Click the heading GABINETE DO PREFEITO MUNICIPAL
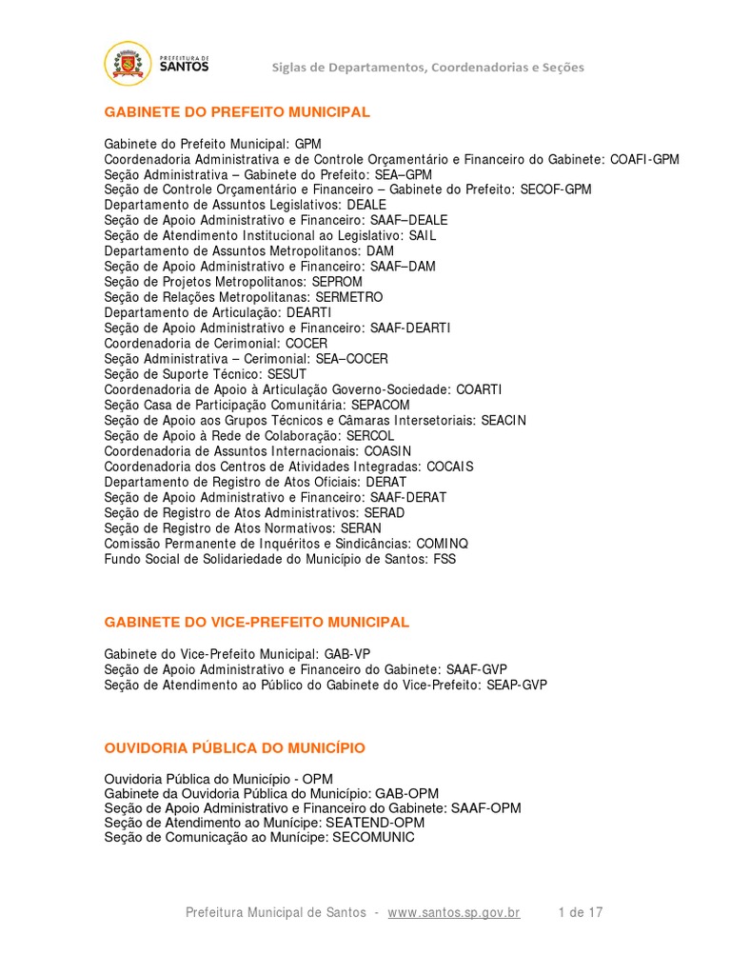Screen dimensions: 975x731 click(x=237, y=112)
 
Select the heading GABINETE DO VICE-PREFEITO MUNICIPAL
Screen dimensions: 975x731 click(x=256, y=622)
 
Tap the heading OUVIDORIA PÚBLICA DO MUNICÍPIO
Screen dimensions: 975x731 click(x=234, y=748)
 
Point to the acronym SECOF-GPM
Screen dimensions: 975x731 click(x=556, y=189)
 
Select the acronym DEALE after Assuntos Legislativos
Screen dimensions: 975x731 click(x=366, y=205)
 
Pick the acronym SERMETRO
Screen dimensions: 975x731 click(x=349, y=297)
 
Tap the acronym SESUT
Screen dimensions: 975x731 click(x=286, y=374)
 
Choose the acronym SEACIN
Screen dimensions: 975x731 click(x=504, y=420)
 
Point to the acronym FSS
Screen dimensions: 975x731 click(x=444, y=559)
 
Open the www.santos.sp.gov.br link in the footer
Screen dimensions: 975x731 click(x=454, y=912)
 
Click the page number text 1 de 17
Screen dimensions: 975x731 click(x=581, y=912)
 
